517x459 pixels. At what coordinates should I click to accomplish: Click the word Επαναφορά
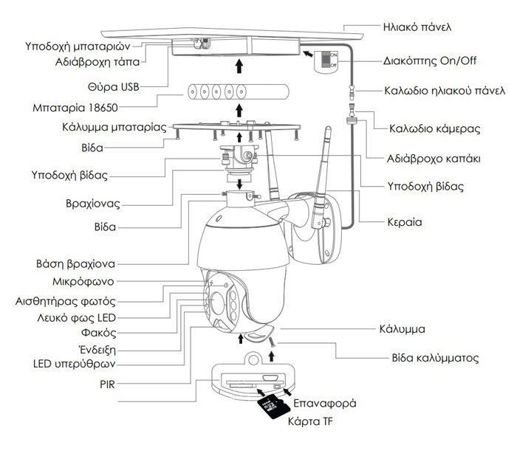tap(326, 404)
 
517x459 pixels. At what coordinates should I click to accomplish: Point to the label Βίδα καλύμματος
tap(435, 358)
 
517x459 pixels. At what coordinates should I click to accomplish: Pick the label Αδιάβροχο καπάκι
tap(434, 158)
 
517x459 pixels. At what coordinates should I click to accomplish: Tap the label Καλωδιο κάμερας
tap(435, 128)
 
